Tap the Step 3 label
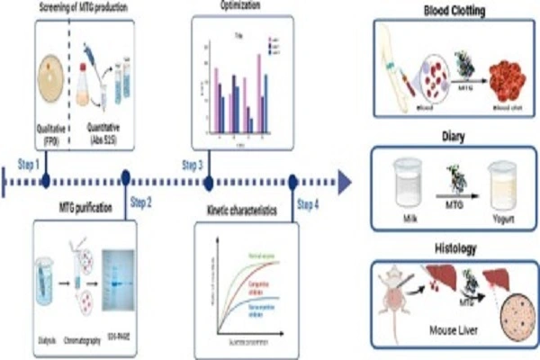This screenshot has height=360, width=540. pyautogui.click(x=192, y=166)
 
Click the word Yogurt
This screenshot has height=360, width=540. pyautogui.click(x=501, y=220)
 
